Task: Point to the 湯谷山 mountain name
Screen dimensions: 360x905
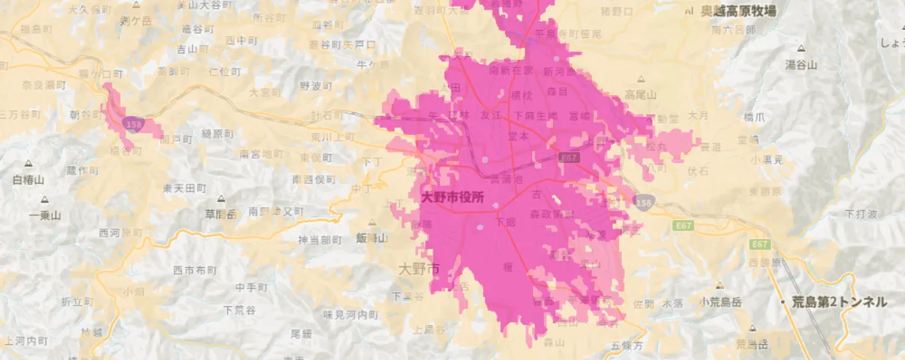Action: coord(801,65)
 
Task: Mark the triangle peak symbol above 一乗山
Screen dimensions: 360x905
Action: coord(45,199)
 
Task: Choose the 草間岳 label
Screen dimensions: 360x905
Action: coord(221,214)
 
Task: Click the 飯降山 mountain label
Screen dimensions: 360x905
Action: coord(371,238)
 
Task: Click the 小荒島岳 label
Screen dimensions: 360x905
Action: coord(720,301)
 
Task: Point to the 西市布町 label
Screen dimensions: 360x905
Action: coord(195,270)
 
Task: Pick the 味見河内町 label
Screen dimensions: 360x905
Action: coord(351,315)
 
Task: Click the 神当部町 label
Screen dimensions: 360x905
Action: coord(320,240)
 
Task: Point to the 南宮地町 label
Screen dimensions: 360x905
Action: coord(261,154)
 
